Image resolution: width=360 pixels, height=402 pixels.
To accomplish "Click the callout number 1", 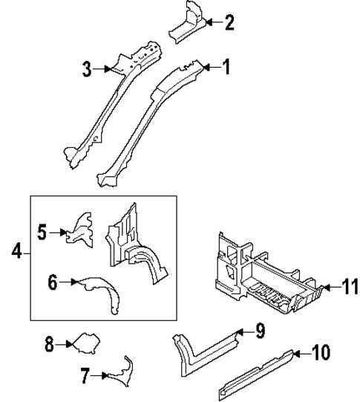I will point(226,68).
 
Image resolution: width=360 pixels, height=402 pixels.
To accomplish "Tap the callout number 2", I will point(229,23).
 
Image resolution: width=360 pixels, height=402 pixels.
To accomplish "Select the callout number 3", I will point(88,70).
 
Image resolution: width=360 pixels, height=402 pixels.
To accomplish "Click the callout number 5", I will point(43,233).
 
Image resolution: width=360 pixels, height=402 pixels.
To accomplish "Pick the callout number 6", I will point(52,282).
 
